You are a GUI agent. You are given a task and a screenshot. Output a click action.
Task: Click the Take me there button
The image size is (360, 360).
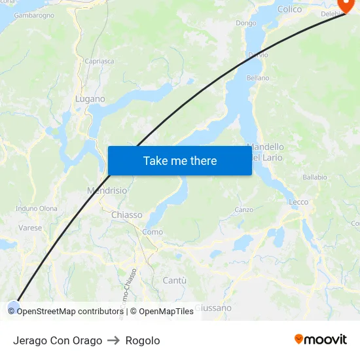(180, 161)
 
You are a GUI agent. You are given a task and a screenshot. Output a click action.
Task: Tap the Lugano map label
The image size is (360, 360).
(90, 99)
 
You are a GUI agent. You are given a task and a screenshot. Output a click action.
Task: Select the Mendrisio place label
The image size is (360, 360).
(107, 190)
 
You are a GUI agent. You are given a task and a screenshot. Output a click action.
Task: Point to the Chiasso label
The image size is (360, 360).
(126, 215)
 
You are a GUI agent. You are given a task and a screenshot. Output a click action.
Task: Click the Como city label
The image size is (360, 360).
(153, 232)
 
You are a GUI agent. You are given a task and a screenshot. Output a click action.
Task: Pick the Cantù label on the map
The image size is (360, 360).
(174, 280)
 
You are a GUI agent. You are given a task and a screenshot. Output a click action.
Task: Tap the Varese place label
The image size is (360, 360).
(30, 228)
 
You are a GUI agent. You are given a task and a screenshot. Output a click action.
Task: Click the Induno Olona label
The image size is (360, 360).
(37, 209)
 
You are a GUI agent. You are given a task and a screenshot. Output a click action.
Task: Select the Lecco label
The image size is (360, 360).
(298, 202)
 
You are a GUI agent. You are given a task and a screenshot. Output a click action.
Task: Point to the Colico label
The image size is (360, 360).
(289, 9)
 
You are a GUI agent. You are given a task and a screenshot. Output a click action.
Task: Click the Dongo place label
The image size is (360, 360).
(246, 23)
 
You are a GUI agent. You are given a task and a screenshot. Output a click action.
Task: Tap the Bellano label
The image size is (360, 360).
(258, 78)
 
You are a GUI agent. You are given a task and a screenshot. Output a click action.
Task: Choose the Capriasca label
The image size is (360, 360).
(99, 61)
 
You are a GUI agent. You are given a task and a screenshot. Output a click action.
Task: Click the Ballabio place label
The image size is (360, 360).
(315, 177)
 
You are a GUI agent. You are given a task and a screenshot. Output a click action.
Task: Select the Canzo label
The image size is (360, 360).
(243, 210)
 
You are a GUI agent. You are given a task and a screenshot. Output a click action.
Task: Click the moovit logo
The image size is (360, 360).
(321, 339)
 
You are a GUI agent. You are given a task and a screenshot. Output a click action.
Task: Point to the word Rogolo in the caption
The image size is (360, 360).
(143, 340)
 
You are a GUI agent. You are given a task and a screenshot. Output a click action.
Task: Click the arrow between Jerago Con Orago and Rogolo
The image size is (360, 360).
(114, 340)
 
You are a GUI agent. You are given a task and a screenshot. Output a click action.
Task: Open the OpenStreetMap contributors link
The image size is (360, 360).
(70, 312)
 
